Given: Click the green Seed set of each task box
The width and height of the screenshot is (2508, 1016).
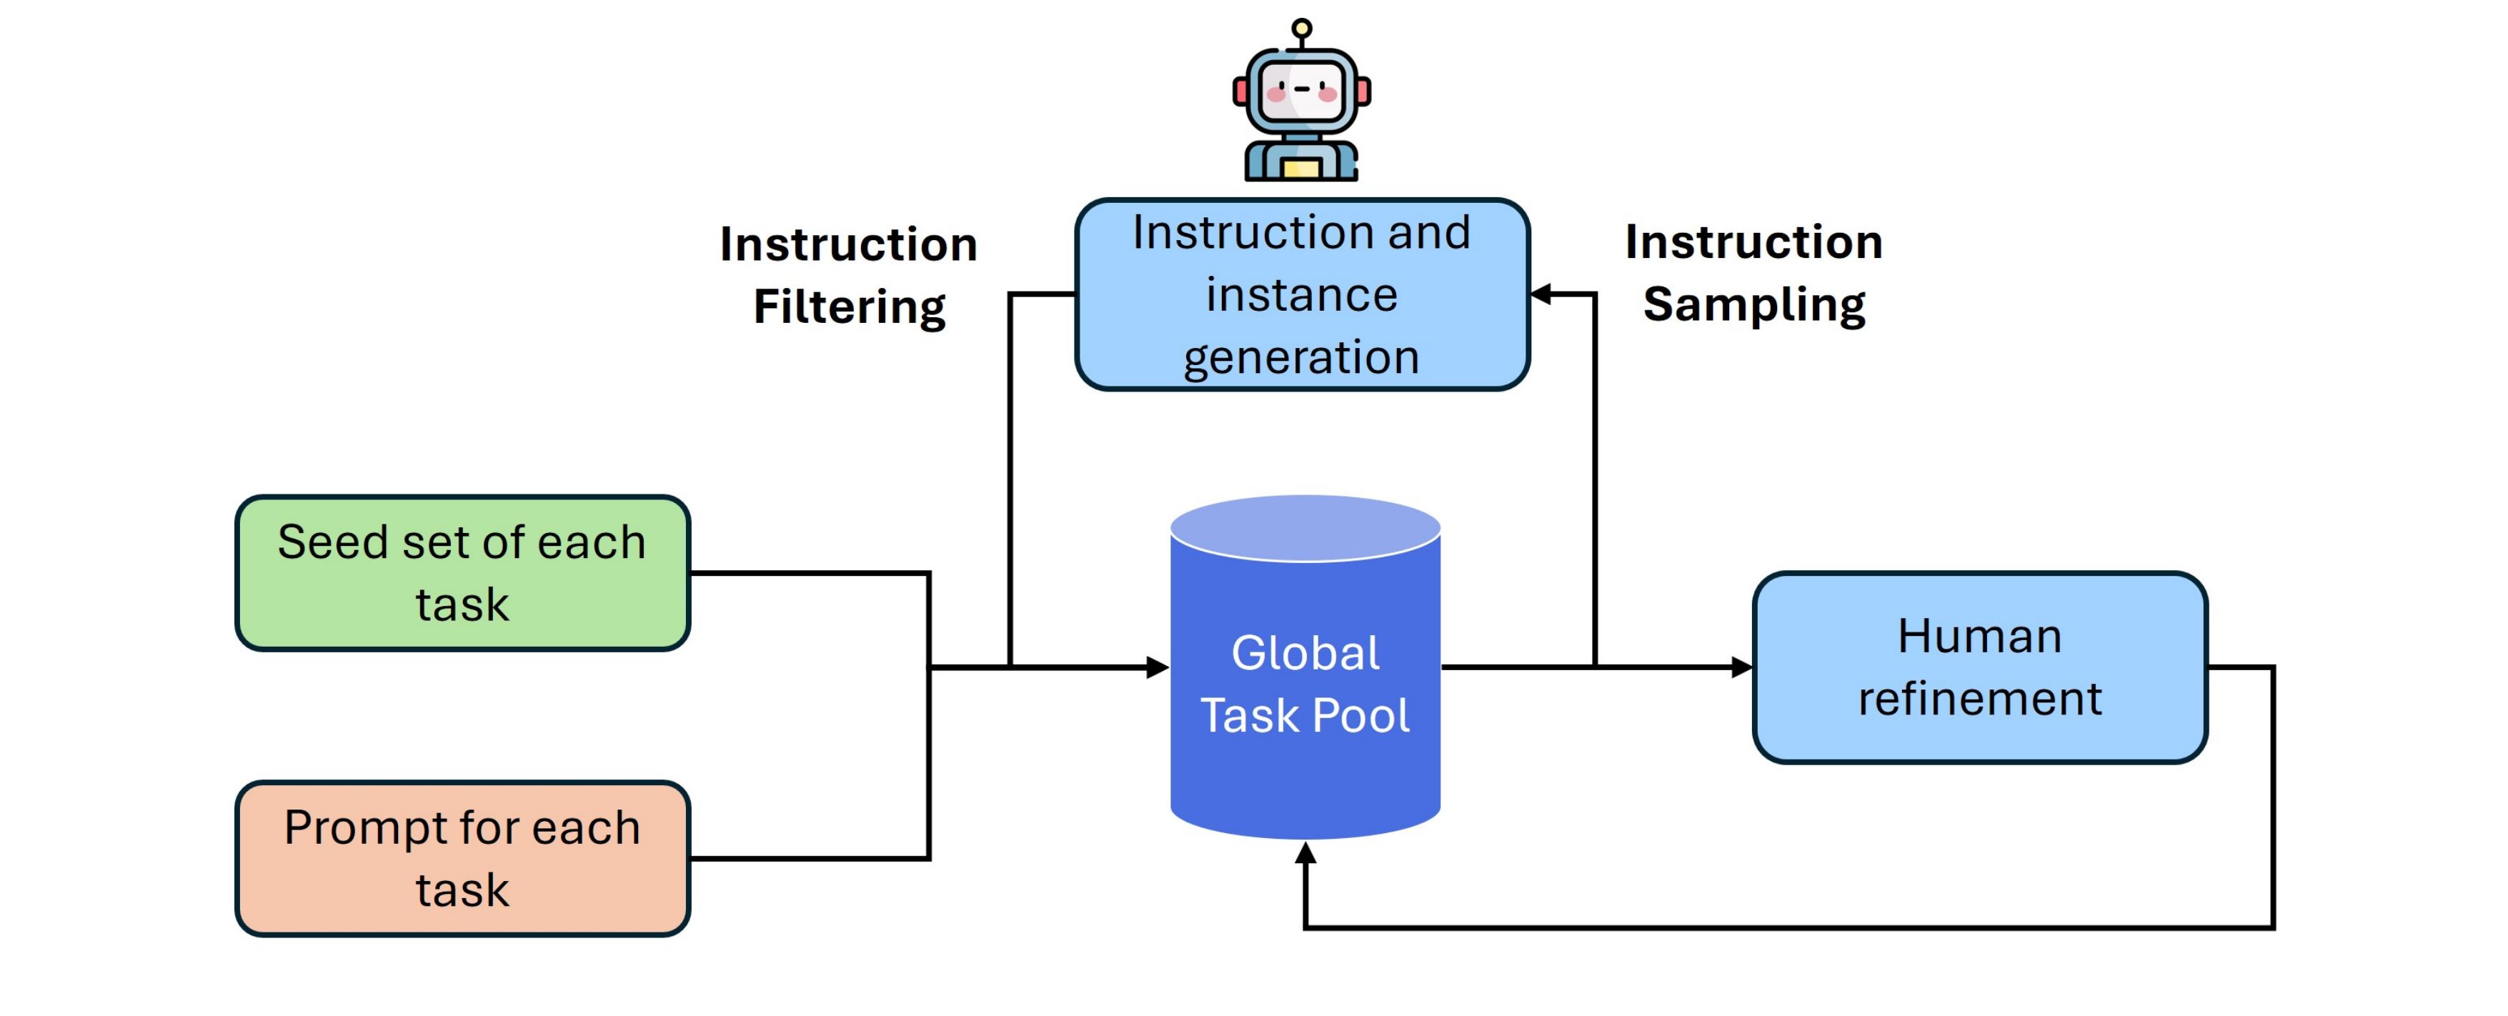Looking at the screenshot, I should coord(462,572).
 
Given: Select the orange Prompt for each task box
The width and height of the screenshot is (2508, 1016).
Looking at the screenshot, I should coord(462,857).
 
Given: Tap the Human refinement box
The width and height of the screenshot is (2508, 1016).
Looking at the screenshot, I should coord(1979,667).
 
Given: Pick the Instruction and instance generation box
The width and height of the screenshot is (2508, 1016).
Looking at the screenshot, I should coord(1302,294).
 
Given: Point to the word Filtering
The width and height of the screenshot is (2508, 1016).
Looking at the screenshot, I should coord(849,307).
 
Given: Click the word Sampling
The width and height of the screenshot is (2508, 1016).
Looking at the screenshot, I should coord(1753,304).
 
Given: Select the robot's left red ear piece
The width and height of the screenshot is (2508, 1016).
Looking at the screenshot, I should coord(1240,91).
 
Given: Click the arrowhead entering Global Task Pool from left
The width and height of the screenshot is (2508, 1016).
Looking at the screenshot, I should coord(1158,667).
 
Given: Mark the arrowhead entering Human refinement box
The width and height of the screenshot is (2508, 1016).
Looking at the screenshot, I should coord(1743,667).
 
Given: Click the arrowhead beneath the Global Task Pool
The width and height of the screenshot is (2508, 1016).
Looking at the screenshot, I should coord(1305,854).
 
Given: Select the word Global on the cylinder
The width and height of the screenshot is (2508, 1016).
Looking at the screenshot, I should coord(1305,652).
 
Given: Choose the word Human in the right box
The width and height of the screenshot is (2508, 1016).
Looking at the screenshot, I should coord(1979,637).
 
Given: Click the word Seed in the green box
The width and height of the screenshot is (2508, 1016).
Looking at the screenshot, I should coord(332,542).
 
